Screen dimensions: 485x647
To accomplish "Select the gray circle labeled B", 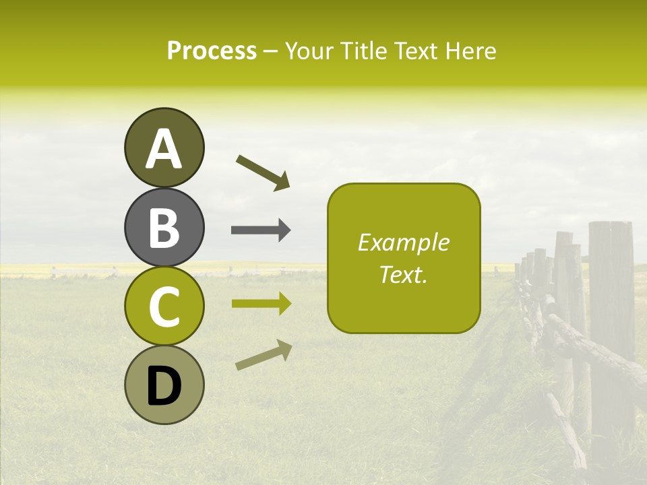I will [164, 228].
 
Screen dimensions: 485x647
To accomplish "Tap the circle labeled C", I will [164, 306].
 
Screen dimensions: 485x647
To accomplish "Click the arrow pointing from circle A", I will [263, 172].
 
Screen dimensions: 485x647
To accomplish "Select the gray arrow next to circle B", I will [261, 230].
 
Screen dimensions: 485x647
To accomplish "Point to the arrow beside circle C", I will [261, 304].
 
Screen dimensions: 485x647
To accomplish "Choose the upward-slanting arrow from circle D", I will [264, 356].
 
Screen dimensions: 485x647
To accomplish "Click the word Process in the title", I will [212, 51].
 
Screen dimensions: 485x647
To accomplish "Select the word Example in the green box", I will [403, 243].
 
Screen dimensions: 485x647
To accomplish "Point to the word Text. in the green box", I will [403, 275].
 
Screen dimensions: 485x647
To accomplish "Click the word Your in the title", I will [307, 51].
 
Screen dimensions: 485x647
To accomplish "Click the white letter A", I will [164, 149].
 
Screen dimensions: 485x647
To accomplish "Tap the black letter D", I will [164, 386].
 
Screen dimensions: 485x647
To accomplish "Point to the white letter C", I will [164, 306].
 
